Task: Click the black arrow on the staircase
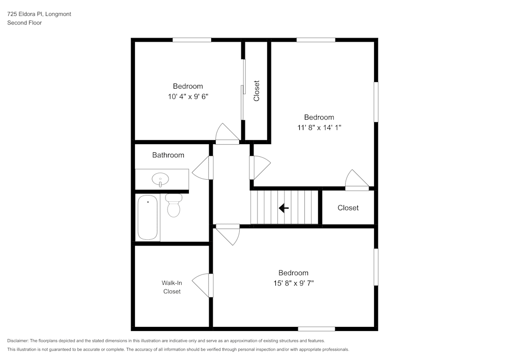pos(284,208)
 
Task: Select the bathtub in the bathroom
pos(148,217)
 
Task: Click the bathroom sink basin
pos(160,180)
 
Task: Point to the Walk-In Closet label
pos(172,287)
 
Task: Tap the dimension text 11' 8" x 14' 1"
pos(319,127)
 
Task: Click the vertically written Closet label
pos(257,91)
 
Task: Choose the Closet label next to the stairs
pos(348,208)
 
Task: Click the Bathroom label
pos(168,155)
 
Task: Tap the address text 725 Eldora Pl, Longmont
pos(39,14)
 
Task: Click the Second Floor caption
pos(24,23)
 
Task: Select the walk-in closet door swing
pos(202,285)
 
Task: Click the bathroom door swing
pos(202,168)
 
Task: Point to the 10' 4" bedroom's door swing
pos(227,133)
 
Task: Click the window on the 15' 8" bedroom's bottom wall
pos(316,328)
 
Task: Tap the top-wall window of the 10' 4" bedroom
pos(191,40)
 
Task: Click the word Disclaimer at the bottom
pos(18,341)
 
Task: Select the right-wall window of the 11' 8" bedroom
pos(376,102)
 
